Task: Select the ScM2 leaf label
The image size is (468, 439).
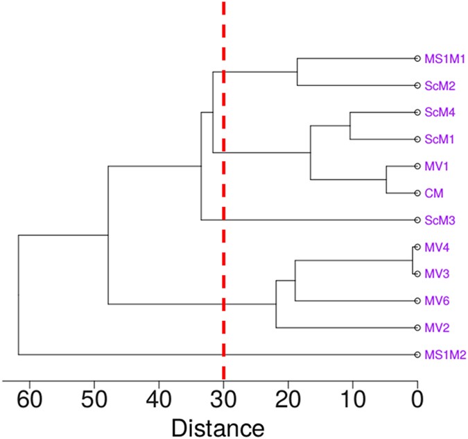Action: [x=439, y=86]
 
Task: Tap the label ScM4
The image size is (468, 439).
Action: [x=439, y=113]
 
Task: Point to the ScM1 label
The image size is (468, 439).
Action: [x=439, y=140]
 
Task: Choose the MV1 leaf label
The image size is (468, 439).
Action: [x=435, y=167]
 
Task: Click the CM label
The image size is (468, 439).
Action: [x=433, y=194]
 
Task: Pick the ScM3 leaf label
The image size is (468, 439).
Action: [x=439, y=220]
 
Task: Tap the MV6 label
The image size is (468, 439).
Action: [x=435, y=301]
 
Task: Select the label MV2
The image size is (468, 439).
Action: [x=435, y=328]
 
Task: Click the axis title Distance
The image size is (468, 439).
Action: [x=217, y=425]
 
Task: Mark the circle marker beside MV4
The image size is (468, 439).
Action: [x=417, y=247]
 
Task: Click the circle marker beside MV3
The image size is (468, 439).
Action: [x=417, y=274]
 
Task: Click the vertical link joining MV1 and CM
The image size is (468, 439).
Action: [x=386, y=180]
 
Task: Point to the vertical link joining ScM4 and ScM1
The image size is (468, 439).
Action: [x=350, y=126]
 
